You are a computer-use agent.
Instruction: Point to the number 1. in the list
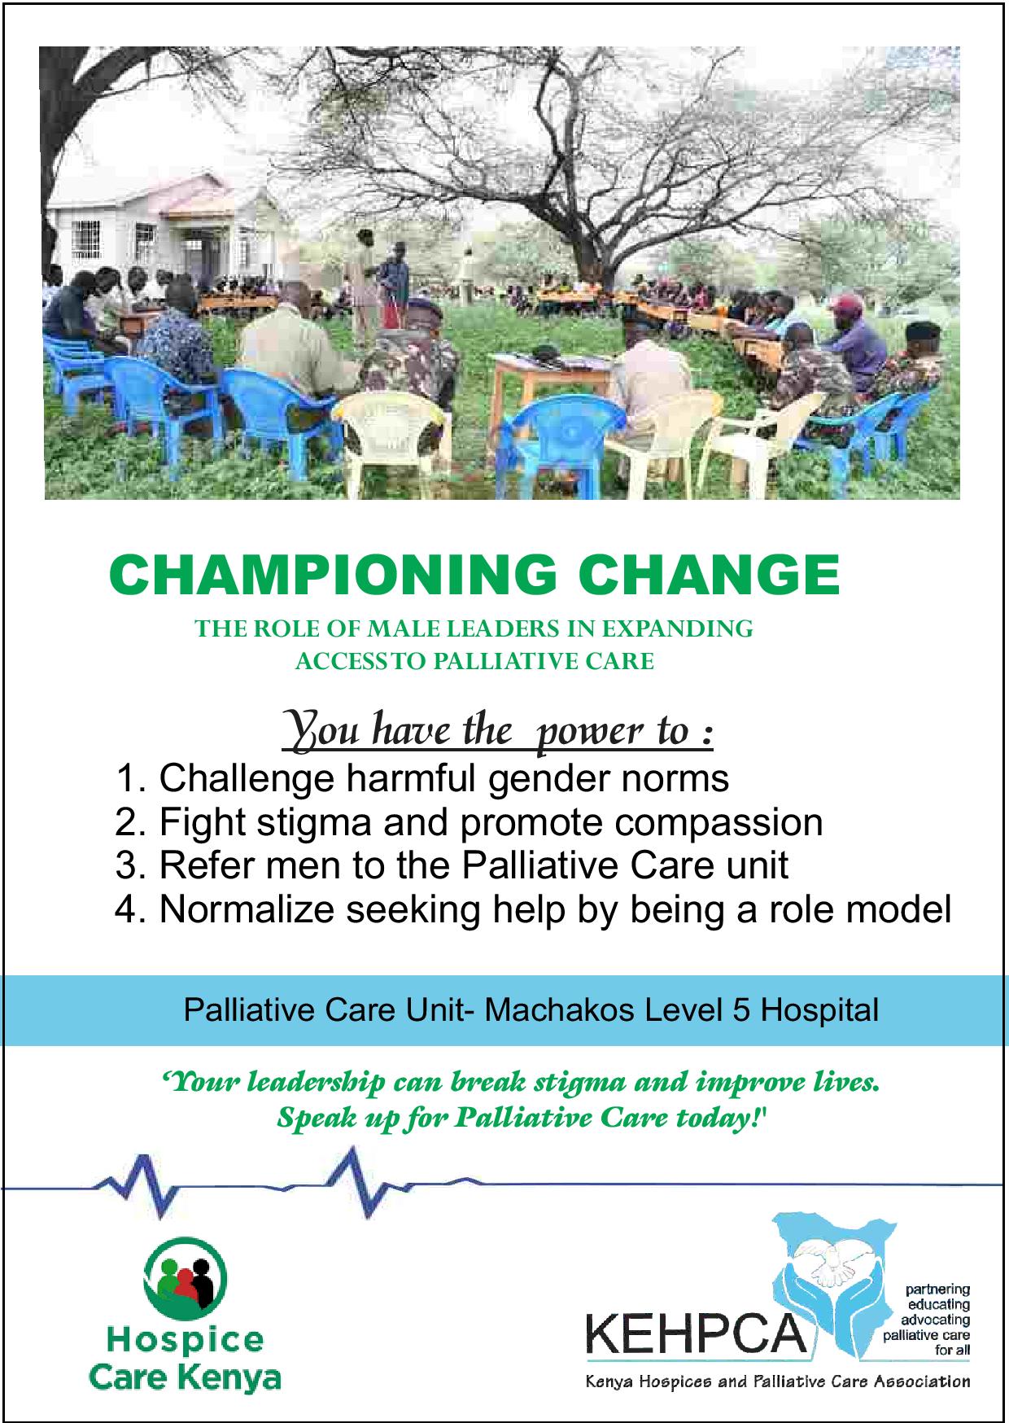[130, 779]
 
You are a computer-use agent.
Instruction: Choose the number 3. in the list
[130, 865]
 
